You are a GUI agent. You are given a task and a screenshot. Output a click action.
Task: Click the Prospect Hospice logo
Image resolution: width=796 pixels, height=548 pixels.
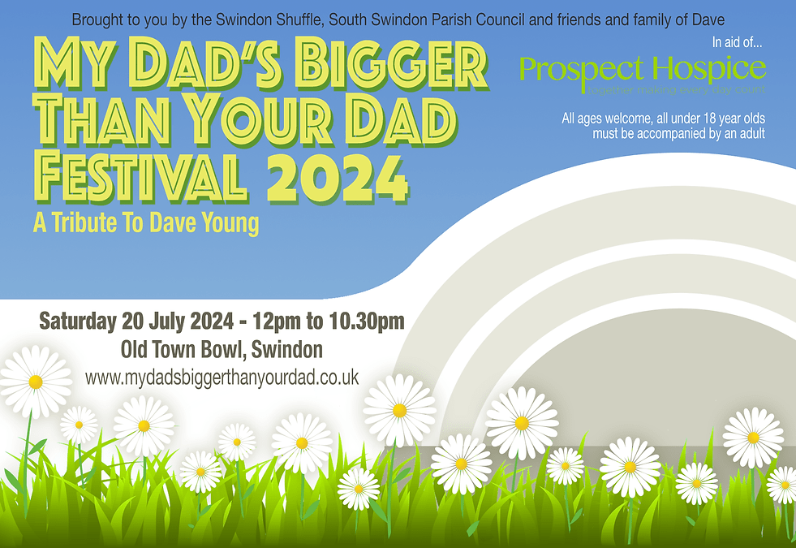[x=642, y=72]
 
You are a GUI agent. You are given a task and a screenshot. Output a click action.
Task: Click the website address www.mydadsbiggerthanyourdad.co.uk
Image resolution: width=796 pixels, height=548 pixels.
[x=222, y=378]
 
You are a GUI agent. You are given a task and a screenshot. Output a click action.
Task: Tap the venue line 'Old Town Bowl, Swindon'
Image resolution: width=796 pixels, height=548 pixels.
[x=222, y=350]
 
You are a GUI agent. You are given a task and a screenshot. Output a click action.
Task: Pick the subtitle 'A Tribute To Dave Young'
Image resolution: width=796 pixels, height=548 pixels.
[x=146, y=223]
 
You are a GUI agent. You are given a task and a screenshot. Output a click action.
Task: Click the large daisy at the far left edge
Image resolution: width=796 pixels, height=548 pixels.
[x=35, y=381]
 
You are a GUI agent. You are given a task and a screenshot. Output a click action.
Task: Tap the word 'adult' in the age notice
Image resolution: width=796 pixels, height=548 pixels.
[x=748, y=133]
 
